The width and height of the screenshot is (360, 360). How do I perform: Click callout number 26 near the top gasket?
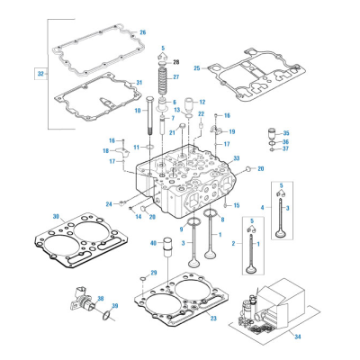pos(141,32)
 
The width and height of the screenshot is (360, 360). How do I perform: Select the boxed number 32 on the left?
pos(39,72)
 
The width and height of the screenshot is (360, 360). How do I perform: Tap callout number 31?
pos(139,83)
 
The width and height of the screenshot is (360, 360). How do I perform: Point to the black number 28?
pos(176,59)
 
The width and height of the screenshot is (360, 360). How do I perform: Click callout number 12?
pos(202,102)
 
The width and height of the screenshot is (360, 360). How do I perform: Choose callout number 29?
pos(154,273)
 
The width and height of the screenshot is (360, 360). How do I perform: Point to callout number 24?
pos(109,204)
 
